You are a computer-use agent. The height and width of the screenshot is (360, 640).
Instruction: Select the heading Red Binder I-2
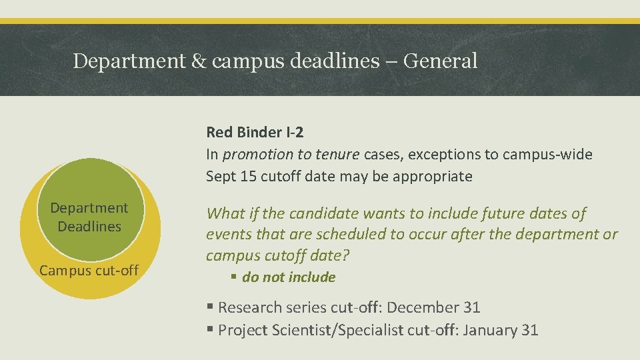click(255, 132)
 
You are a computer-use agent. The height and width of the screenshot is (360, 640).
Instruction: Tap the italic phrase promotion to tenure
click(291, 155)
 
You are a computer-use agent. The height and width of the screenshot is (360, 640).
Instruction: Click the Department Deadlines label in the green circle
click(89, 217)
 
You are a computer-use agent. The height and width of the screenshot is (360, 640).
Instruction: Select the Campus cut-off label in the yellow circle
click(89, 270)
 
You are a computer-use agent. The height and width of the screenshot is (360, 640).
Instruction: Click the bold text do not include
click(289, 277)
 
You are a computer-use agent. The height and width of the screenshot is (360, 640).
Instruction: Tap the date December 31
click(433, 307)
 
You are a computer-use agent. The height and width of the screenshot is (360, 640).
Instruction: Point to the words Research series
click(273, 307)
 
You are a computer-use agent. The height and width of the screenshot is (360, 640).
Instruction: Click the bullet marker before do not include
click(235, 277)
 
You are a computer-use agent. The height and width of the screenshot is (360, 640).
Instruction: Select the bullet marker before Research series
click(210, 307)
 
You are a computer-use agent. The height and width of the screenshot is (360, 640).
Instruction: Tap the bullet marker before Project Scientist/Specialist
click(210, 330)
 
